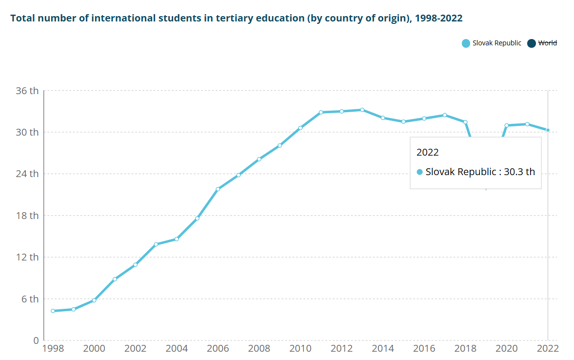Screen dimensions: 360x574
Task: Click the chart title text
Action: click(x=237, y=19)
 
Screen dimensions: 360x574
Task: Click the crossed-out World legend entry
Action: click(x=547, y=43)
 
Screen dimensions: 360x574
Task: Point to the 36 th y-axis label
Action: click(x=28, y=91)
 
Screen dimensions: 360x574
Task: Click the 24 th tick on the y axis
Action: click(x=28, y=174)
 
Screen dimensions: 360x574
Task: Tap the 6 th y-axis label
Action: click(x=30, y=299)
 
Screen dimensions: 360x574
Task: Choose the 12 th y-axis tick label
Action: click(x=28, y=257)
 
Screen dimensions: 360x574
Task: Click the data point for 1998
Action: click(x=53, y=311)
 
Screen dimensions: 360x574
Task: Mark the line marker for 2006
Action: click(x=218, y=189)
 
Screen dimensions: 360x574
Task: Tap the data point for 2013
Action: click(x=362, y=110)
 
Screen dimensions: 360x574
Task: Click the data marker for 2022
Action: click(x=548, y=130)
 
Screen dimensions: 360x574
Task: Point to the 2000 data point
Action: click(x=94, y=300)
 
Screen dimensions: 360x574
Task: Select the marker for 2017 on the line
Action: click(x=445, y=115)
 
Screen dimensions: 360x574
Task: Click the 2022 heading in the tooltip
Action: click(x=428, y=152)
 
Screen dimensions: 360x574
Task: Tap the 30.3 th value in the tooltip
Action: click(x=519, y=172)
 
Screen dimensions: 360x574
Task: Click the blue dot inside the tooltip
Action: click(x=419, y=172)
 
